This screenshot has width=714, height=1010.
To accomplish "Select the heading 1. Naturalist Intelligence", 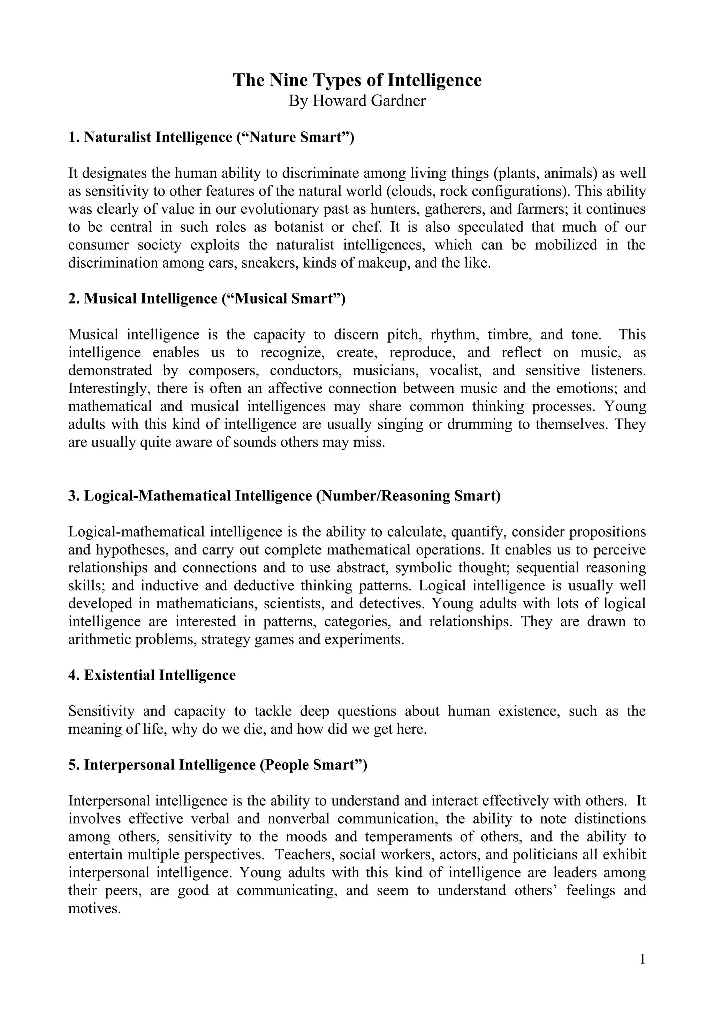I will pos(211,137).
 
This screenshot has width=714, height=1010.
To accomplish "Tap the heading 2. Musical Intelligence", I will pos(207,299).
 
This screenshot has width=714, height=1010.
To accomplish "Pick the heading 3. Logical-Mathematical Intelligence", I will pos(284,496).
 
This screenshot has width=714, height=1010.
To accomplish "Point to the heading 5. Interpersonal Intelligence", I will pos(217,765).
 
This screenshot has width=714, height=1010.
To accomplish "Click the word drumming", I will pos(476,424).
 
